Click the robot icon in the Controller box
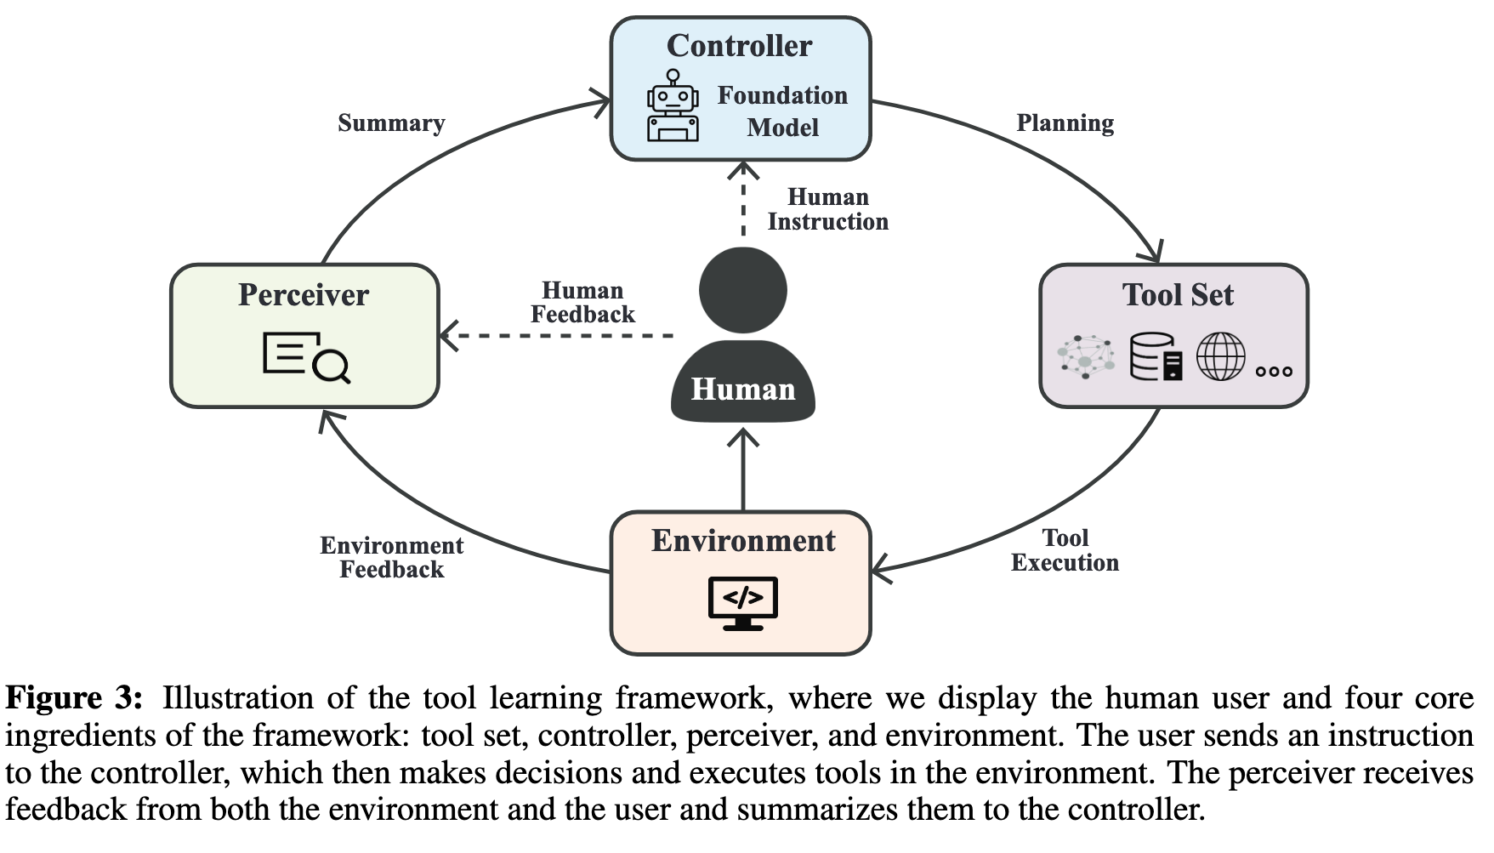pos(673,106)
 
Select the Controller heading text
pos(739,46)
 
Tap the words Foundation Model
pos(782,111)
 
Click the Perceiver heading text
pos(304,295)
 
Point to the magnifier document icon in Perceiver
pos(306,358)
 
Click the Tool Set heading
pos(1178,295)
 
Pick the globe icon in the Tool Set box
pos(1220,356)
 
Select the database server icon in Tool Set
pos(1156,357)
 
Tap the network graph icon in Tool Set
pos(1086,356)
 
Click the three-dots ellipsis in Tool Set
pos(1274,371)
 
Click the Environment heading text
pos(743,541)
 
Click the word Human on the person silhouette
pos(743,390)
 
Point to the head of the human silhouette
pos(743,290)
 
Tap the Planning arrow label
pos(1065,123)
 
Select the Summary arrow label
pos(391,123)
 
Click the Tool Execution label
pos(1065,550)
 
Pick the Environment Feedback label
pos(392,558)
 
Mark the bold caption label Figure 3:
pos(74,698)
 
